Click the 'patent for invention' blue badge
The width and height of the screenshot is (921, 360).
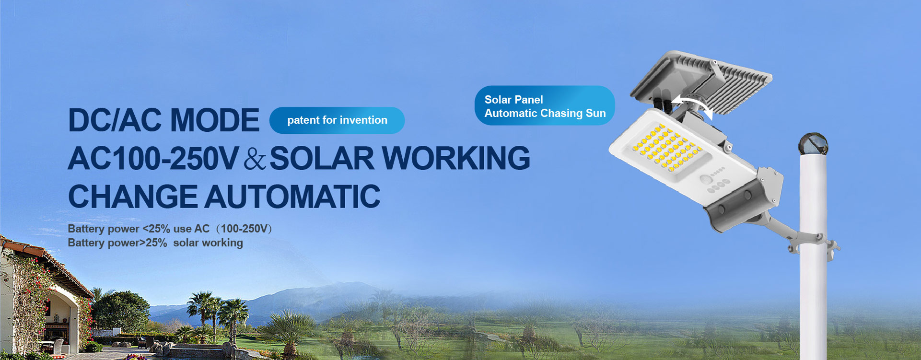pyautogui.click(x=337, y=120)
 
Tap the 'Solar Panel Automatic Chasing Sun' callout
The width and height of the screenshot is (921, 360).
pyautogui.click(x=545, y=105)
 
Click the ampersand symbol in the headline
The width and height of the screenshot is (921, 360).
pyautogui.click(x=254, y=159)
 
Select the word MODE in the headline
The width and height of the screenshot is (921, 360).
pyautogui.click(x=215, y=120)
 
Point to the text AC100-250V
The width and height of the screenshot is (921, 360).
pyautogui.click(x=153, y=158)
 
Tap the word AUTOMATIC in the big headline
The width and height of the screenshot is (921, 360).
pyautogui.click(x=292, y=197)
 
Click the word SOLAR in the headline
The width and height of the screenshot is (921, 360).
pyautogui.click(x=322, y=158)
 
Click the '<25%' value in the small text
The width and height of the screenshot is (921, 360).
pyautogui.click(x=156, y=229)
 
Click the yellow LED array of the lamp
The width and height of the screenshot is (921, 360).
pyautogui.click(x=664, y=148)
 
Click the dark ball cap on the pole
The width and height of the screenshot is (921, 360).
pyautogui.click(x=814, y=144)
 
